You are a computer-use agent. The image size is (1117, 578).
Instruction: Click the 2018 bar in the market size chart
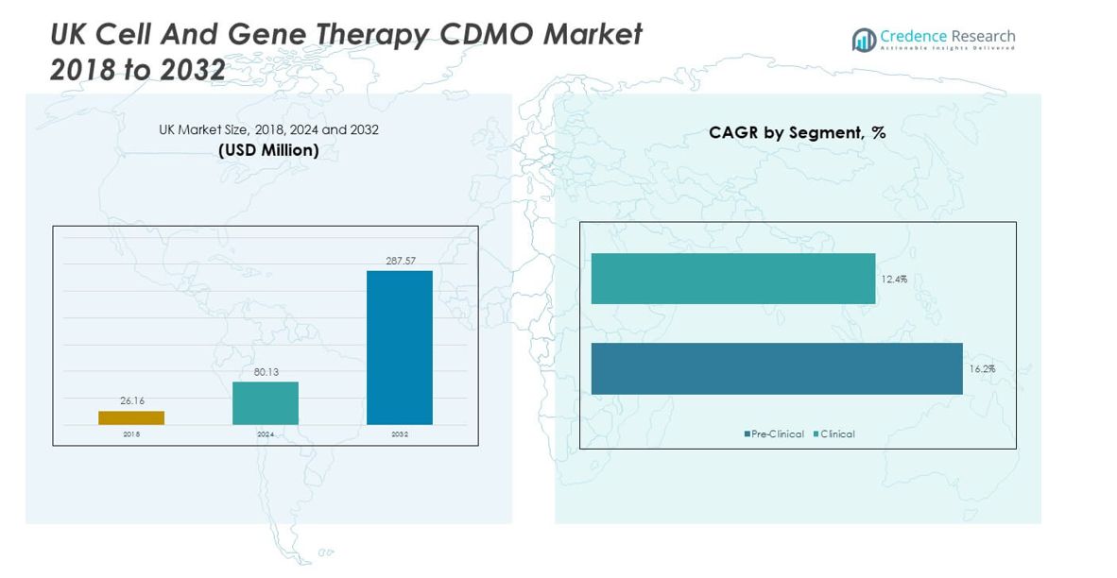tap(131, 417)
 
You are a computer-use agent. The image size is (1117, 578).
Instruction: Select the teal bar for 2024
tap(266, 403)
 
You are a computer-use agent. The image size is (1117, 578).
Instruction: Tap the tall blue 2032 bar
tap(400, 348)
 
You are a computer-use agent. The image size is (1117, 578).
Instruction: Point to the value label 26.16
tap(132, 401)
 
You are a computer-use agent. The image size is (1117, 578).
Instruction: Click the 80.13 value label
tap(266, 372)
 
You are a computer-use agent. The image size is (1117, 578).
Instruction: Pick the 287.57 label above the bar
tap(401, 261)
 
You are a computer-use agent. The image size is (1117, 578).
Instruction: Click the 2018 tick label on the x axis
tap(131, 434)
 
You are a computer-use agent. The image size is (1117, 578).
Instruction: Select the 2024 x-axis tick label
tap(266, 434)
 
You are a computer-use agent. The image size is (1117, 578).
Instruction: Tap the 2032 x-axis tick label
tap(400, 434)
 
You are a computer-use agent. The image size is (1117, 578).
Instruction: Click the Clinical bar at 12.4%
tap(733, 279)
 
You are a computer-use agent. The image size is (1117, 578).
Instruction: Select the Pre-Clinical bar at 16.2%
tap(777, 368)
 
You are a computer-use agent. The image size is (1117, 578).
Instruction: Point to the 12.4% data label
tap(894, 280)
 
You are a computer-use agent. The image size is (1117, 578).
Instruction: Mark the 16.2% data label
tap(982, 369)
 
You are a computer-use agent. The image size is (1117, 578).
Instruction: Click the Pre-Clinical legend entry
tap(774, 434)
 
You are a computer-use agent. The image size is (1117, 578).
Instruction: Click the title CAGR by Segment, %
tap(798, 133)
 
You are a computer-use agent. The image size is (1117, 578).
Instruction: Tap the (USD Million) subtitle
tap(268, 150)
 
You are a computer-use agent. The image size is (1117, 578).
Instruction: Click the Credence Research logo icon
tap(864, 40)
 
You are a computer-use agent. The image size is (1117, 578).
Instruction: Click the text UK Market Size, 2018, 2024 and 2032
tap(268, 129)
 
